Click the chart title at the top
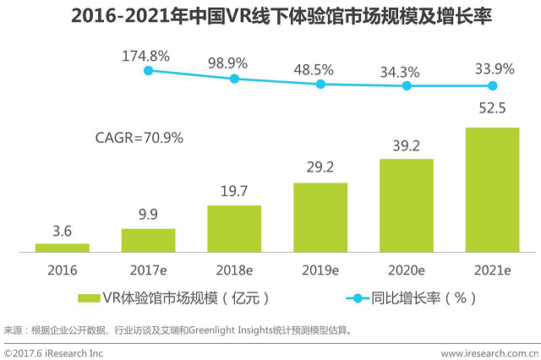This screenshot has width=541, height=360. tap(270, 16)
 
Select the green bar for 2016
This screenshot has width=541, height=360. tap(63, 248)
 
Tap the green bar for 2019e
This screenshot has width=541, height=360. tap(320, 217)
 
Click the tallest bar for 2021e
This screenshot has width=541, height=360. tap(492, 189)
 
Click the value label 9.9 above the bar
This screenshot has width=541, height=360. tap(148, 215)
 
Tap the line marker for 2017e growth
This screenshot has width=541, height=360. tap(149, 71)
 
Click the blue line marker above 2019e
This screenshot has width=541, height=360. tap(320, 84)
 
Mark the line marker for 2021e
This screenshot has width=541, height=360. tap(492, 85)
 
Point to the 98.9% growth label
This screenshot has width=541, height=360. tap(234, 63)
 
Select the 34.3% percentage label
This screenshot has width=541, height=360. tap(406, 70)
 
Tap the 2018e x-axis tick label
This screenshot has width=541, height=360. tap(234, 270)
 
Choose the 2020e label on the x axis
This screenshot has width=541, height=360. tap(406, 270)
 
